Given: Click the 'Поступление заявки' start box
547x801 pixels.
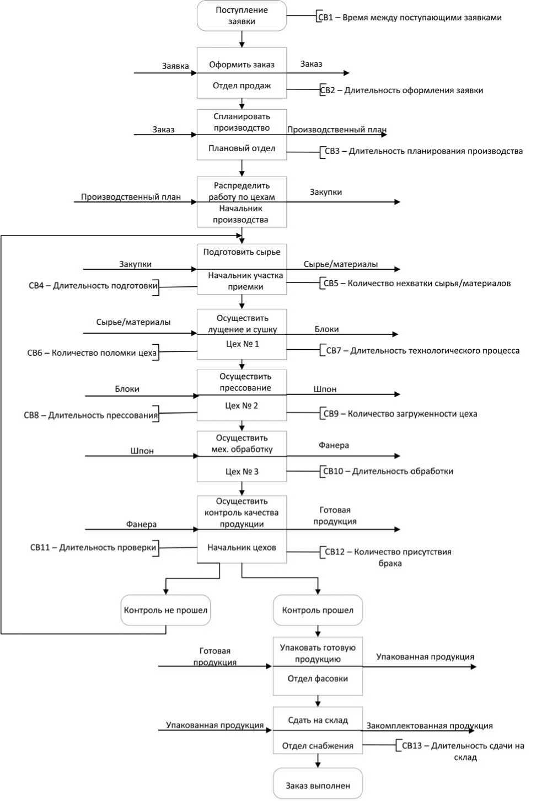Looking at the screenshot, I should (242, 15).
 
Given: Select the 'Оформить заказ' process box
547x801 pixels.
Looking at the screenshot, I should (242, 65).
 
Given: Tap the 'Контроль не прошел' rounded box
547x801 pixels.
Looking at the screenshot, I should (165, 610).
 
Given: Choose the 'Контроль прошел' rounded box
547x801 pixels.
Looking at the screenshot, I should (318, 610).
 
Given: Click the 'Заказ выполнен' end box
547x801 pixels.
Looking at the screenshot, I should (318, 786).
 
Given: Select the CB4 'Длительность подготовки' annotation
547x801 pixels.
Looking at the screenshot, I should (93, 286).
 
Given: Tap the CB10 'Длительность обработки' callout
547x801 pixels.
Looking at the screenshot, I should (388, 471).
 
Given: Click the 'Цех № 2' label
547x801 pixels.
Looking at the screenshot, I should (242, 405).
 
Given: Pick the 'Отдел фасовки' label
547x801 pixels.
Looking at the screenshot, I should (318, 679).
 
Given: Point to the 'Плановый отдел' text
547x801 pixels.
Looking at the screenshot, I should (242, 148).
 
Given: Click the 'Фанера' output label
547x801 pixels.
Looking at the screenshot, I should (334, 445).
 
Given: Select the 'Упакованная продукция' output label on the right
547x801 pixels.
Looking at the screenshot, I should (425, 657).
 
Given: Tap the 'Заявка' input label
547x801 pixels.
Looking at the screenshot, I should (175, 66).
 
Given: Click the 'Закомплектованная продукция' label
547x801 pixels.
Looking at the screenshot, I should (430, 726).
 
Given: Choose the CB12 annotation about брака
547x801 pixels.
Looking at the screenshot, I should (388, 557).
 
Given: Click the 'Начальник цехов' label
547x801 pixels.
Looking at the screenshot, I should (242, 548).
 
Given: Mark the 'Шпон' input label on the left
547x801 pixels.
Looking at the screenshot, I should (142, 451).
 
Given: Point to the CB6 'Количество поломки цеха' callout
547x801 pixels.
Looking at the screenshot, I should (92, 353).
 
